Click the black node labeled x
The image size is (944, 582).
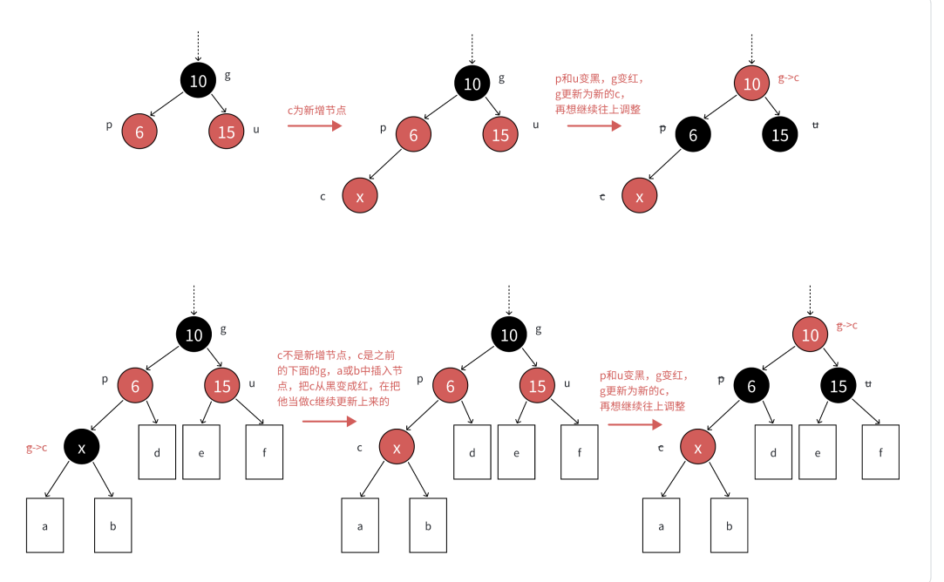click(x=82, y=448)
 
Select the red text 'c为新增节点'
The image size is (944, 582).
click(x=316, y=111)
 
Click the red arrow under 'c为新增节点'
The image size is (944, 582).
click(x=314, y=125)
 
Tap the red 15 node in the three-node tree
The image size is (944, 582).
click(x=227, y=132)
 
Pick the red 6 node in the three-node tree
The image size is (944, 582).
click(x=139, y=132)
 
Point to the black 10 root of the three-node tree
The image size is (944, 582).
click(x=199, y=81)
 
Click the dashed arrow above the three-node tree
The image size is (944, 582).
click(x=199, y=45)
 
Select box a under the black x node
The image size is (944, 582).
click(x=45, y=525)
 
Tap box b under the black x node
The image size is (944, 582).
click(x=113, y=525)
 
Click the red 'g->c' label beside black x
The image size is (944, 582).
click(x=36, y=448)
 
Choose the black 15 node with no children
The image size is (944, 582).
click(x=779, y=135)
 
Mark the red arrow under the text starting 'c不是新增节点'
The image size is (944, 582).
click(x=329, y=421)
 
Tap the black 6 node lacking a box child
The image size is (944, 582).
click(x=693, y=135)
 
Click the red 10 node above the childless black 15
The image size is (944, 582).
click(x=751, y=84)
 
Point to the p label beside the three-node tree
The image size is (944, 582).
click(x=109, y=125)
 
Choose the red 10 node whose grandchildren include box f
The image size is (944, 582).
click(x=811, y=335)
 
